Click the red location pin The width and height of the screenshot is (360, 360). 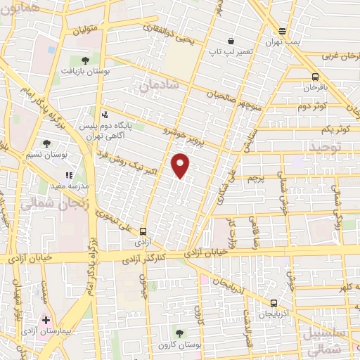181,166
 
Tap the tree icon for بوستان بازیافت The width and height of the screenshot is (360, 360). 84,60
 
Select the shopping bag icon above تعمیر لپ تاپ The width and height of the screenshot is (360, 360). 231,40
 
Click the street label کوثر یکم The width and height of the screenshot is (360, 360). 335,129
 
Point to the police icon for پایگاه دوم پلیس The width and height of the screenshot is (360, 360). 105,114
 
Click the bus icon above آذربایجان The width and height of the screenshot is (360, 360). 274,302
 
